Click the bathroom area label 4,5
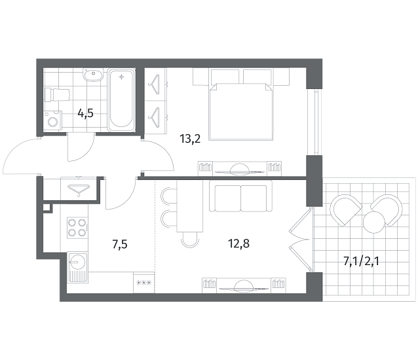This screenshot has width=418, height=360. click(x=85, y=114)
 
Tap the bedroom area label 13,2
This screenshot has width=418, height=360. click(x=190, y=139)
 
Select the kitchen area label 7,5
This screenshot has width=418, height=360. click(x=120, y=244)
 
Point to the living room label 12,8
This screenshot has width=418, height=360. click(x=239, y=243)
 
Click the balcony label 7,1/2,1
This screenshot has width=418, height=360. click(x=361, y=261)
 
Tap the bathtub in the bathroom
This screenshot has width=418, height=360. click(x=121, y=100)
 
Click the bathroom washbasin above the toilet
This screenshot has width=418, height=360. click(x=93, y=75)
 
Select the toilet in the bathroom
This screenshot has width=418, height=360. click(x=57, y=95)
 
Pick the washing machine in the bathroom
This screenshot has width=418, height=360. click(x=53, y=120)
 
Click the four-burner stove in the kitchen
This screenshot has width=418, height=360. click(x=77, y=228)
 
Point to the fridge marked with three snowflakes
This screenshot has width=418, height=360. click(x=144, y=283)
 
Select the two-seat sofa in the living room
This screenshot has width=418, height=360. click(x=240, y=196)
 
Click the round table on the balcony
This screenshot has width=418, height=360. click(x=374, y=223)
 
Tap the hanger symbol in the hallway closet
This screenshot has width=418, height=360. click(x=79, y=190)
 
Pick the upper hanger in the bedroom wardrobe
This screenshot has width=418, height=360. click(x=155, y=84)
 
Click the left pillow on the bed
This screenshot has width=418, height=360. click(x=225, y=77)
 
